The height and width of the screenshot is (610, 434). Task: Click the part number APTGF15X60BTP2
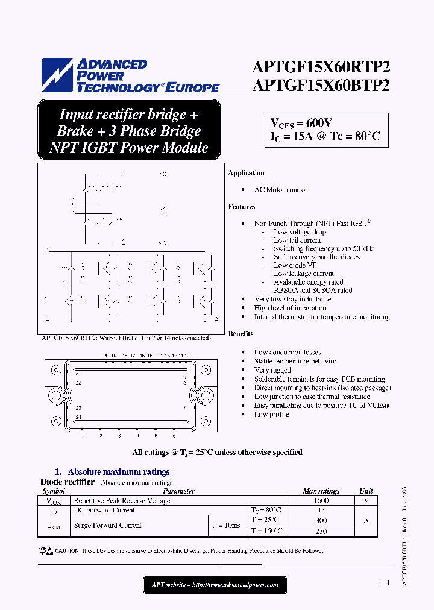[321, 85]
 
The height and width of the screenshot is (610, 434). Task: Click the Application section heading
[246, 173]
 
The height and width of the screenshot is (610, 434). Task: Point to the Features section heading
[242, 207]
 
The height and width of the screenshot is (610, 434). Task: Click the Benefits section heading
[241, 333]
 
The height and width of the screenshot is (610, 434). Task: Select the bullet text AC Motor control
[280, 190]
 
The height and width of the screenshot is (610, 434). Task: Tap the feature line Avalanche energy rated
[308, 281]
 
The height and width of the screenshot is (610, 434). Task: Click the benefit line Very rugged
[272, 370]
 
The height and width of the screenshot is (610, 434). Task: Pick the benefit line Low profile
[271, 414]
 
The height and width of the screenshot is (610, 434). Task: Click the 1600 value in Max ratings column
[321, 500]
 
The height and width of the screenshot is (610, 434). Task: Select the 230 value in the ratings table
[321, 531]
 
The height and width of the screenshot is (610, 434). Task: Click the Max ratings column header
[321, 491]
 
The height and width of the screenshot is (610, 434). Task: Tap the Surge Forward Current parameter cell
[107, 526]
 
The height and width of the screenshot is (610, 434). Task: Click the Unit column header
[366, 491]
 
